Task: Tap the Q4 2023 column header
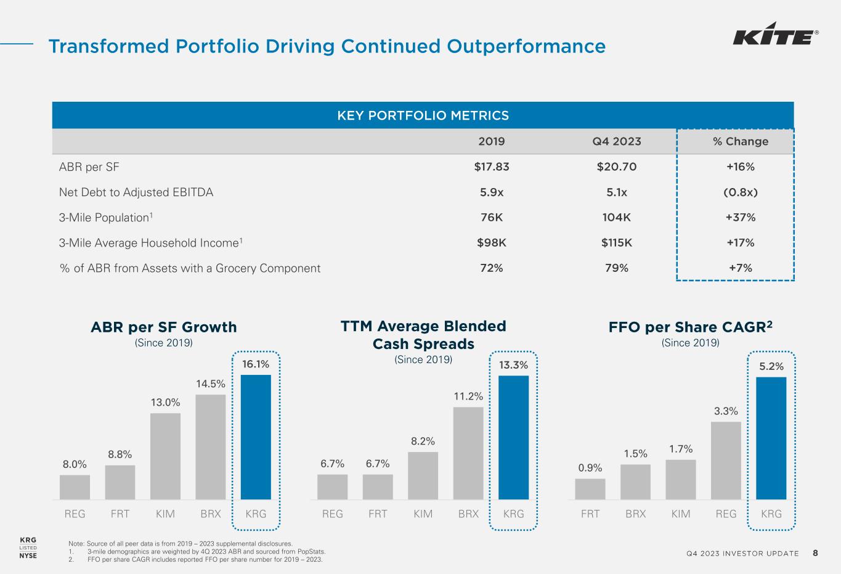click(616, 141)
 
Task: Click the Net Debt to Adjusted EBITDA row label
click(136, 192)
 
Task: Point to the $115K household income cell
click(616, 242)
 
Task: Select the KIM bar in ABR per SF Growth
click(165, 456)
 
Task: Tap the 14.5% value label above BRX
click(211, 383)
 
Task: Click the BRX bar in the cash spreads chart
click(468, 453)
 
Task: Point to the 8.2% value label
click(423, 441)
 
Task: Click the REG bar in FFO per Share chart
click(726, 460)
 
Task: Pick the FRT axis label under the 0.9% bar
click(590, 514)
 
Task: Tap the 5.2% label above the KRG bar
click(771, 366)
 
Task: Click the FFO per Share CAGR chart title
click(689, 327)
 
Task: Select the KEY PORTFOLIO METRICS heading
click(423, 115)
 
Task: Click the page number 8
click(815, 553)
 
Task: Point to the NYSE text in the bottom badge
click(28, 556)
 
